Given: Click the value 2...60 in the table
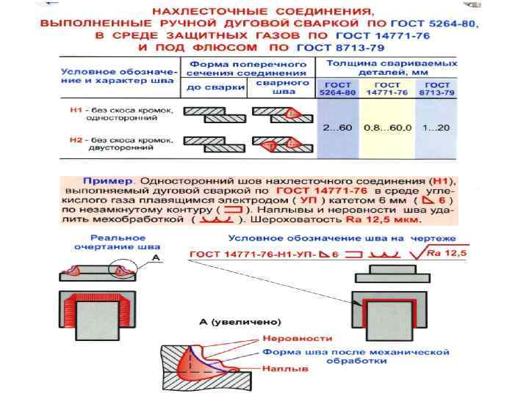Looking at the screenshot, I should [338, 128].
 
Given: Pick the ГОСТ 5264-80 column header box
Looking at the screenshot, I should [338, 89].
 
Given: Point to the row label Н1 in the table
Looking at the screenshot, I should [74, 111].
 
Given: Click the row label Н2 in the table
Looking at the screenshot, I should [74, 139].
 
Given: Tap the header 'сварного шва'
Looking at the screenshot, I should [279, 88].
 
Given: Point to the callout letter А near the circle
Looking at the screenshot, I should [156, 257].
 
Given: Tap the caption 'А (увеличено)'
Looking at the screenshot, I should [240, 322].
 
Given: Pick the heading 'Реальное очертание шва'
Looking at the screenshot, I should [119, 243].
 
